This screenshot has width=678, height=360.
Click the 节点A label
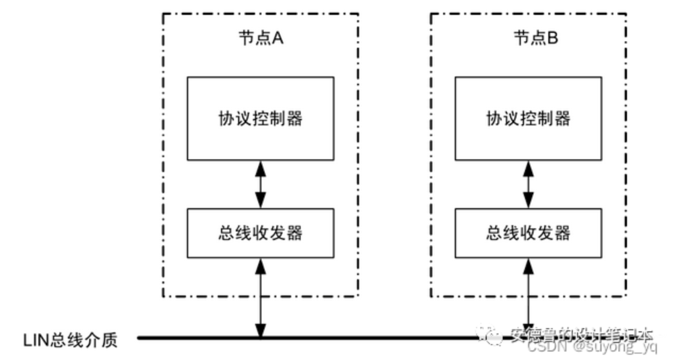click(260, 39)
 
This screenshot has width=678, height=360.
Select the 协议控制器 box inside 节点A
click(260, 118)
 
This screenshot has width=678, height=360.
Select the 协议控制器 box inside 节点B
click(528, 118)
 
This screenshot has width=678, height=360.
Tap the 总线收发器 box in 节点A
click(260, 233)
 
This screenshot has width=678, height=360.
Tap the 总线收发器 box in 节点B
click(528, 233)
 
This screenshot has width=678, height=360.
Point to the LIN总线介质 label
click(70, 339)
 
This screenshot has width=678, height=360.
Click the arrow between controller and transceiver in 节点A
click(260, 184)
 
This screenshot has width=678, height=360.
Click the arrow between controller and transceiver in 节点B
click(528, 184)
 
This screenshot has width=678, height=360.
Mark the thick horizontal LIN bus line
click(319, 337)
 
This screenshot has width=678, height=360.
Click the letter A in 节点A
click(277, 39)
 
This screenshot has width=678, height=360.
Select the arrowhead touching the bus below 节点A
click(260, 330)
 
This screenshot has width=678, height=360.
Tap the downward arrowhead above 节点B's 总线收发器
click(528, 202)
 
